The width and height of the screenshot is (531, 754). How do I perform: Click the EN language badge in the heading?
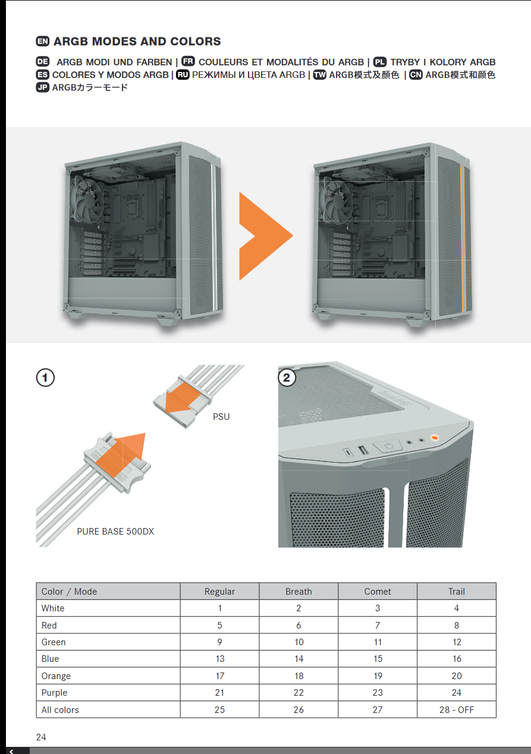coord(43,41)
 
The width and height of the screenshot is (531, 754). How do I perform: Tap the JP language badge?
coord(43,87)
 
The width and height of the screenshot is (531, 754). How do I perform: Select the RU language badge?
coord(183,74)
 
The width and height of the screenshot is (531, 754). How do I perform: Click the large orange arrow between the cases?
coord(266,236)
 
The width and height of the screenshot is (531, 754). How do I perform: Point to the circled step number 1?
coord(45,378)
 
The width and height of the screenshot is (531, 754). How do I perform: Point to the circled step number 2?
coord(287,378)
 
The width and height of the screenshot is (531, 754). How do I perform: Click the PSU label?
coord(221,417)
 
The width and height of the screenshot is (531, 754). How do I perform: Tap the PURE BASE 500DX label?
coord(115,532)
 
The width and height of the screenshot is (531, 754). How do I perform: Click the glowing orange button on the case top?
coord(435,438)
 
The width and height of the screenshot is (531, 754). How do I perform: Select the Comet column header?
coord(378,592)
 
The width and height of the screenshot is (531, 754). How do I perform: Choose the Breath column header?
coord(299,592)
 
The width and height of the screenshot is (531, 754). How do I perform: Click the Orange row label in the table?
coord(56,676)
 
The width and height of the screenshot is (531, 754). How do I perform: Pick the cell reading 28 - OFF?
coord(457,709)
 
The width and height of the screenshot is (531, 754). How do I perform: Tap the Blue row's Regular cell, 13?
coord(220,659)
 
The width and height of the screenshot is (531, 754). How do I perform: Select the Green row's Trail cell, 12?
coord(457,642)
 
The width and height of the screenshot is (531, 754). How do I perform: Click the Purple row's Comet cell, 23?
coord(378,692)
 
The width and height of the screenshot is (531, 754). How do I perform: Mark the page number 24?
coord(41,737)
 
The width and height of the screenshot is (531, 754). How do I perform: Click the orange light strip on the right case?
coord(462,238)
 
